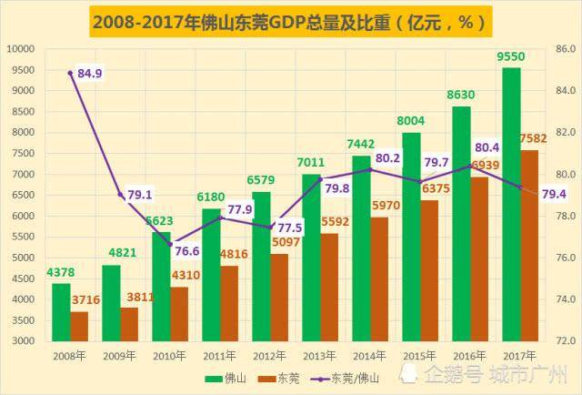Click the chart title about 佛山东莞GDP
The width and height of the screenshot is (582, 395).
(290, 18)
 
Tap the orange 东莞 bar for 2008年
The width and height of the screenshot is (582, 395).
(80, 326)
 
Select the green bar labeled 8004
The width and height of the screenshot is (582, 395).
(411, 237)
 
